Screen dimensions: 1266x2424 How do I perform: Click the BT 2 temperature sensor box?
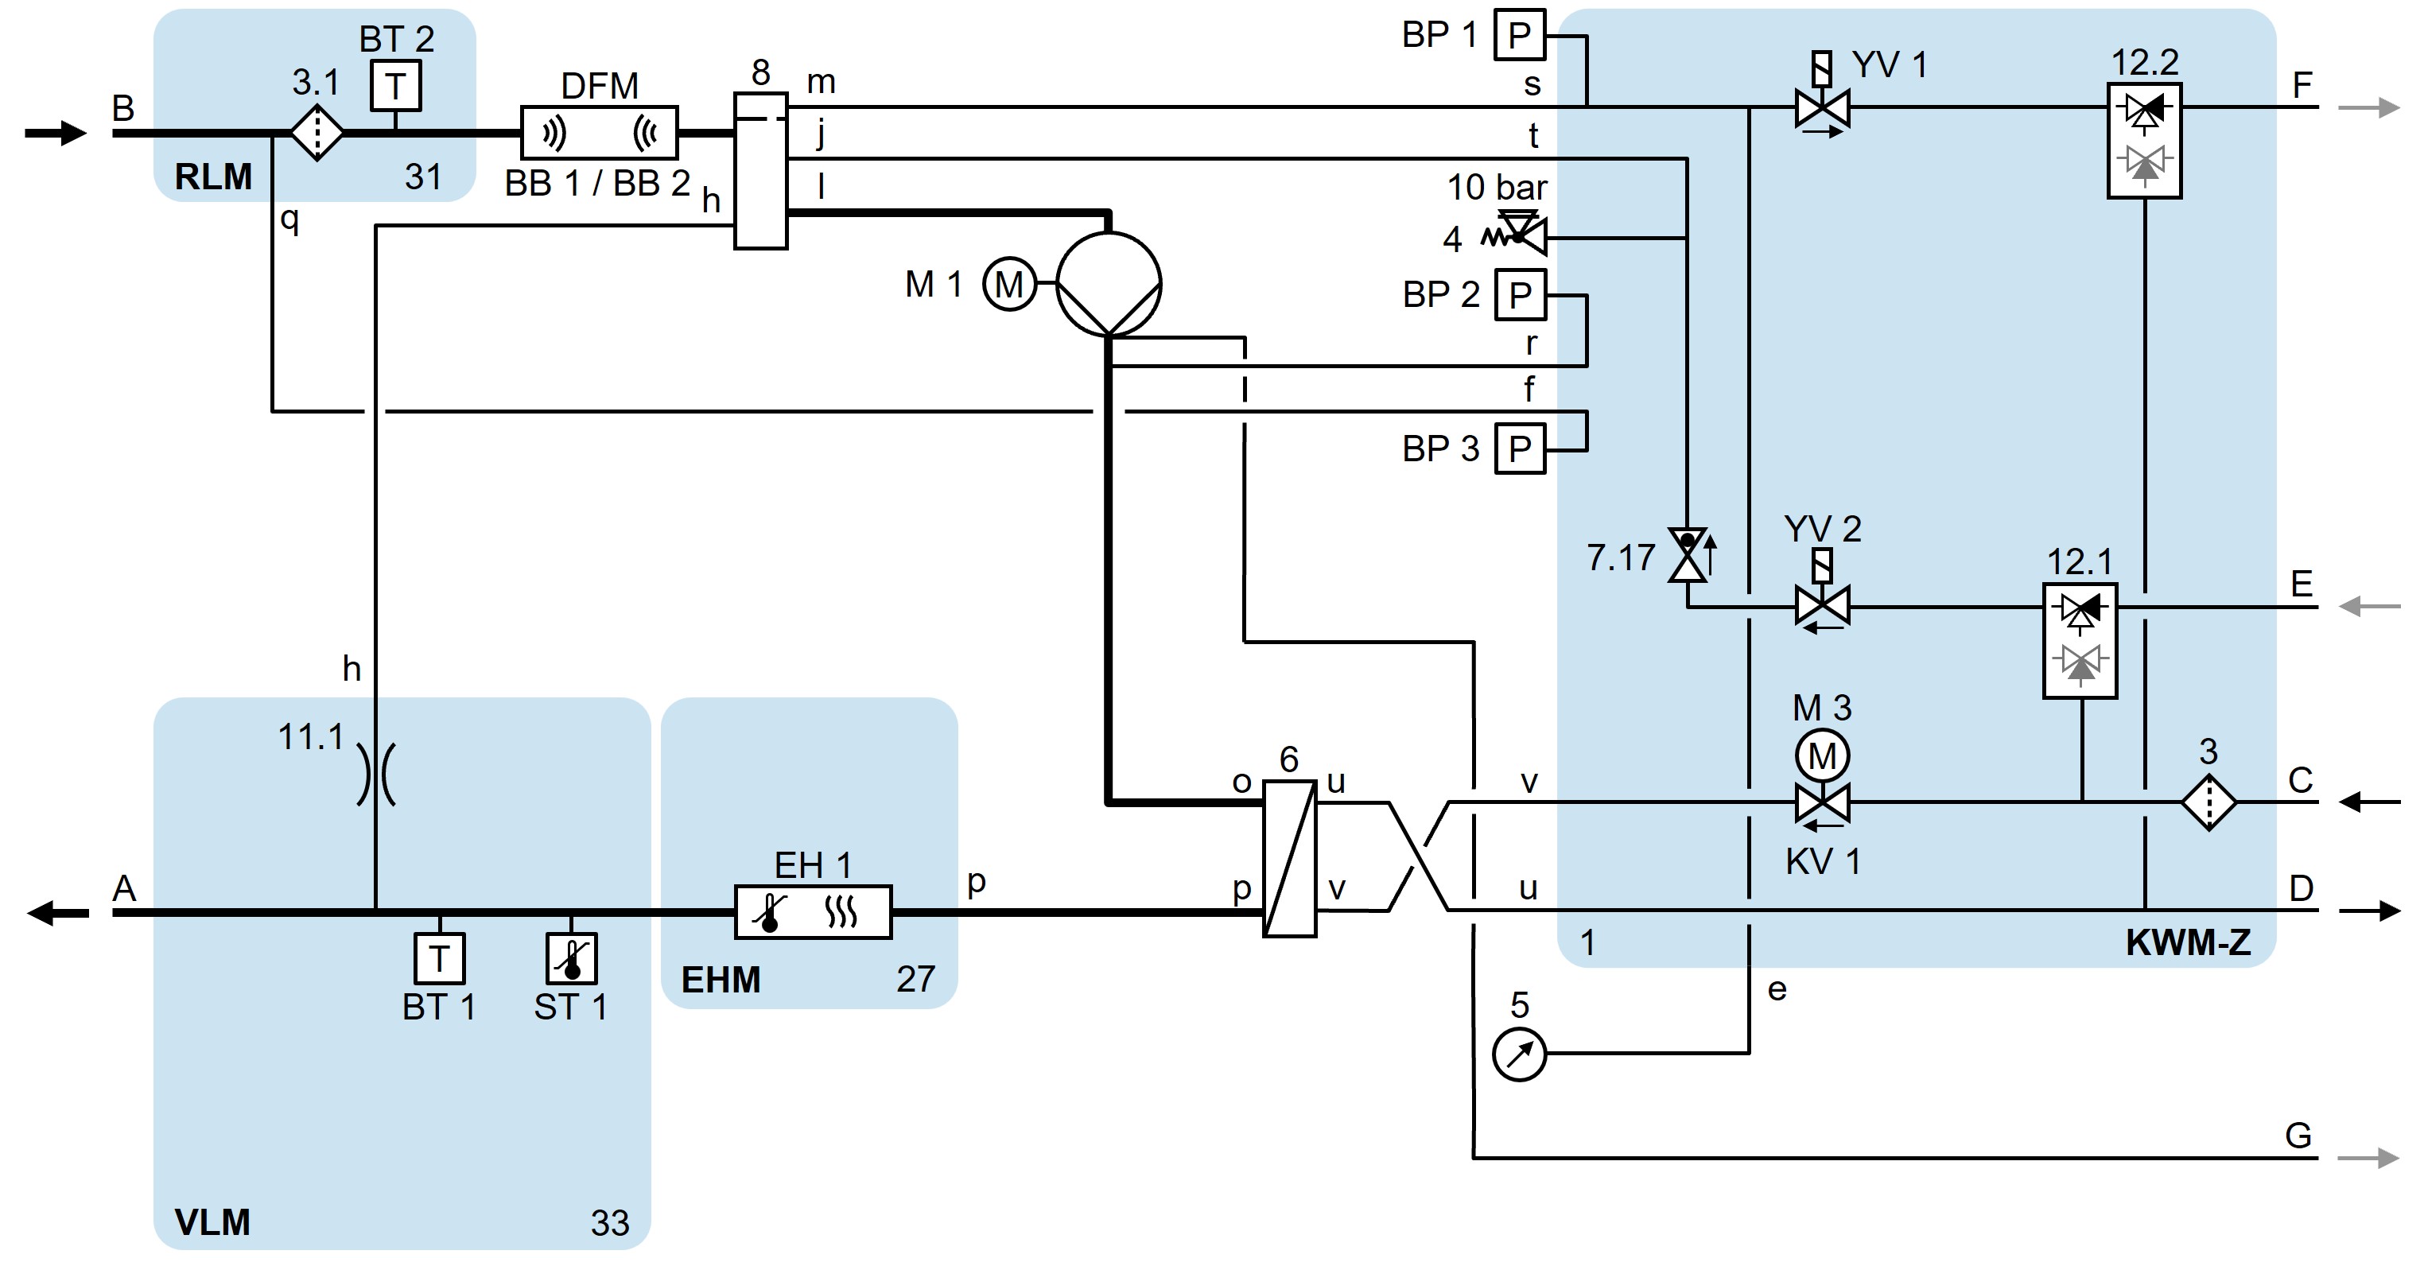(394, 86)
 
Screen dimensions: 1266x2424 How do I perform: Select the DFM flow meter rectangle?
(600, 133)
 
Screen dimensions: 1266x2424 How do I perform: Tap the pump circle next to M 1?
(1109, 283)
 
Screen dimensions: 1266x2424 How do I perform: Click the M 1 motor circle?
(1008, 283)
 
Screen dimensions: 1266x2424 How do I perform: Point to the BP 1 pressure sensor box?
(1520, 36)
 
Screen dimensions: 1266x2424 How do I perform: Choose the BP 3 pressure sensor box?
(1520, 449)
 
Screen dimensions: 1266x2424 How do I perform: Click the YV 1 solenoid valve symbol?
(1823, 107)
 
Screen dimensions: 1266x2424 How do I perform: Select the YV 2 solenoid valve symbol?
(1823, 604)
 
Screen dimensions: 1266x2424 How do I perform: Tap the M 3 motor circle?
(1823, 755)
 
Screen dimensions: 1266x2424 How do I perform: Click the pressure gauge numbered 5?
(1519, 1054)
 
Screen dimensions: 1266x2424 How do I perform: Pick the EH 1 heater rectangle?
(813, 911)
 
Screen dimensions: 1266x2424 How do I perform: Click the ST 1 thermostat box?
(571, 957)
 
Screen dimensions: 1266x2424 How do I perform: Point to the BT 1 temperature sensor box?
(440, 957)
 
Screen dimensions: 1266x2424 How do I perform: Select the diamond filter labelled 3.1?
(317, 133)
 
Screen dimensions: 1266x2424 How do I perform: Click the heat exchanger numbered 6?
(1289, 858)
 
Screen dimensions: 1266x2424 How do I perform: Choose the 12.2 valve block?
(2145, 140)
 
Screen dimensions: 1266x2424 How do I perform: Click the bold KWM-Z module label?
(2188, 942)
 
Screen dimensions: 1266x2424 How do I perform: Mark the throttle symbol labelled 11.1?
(375, 774)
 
